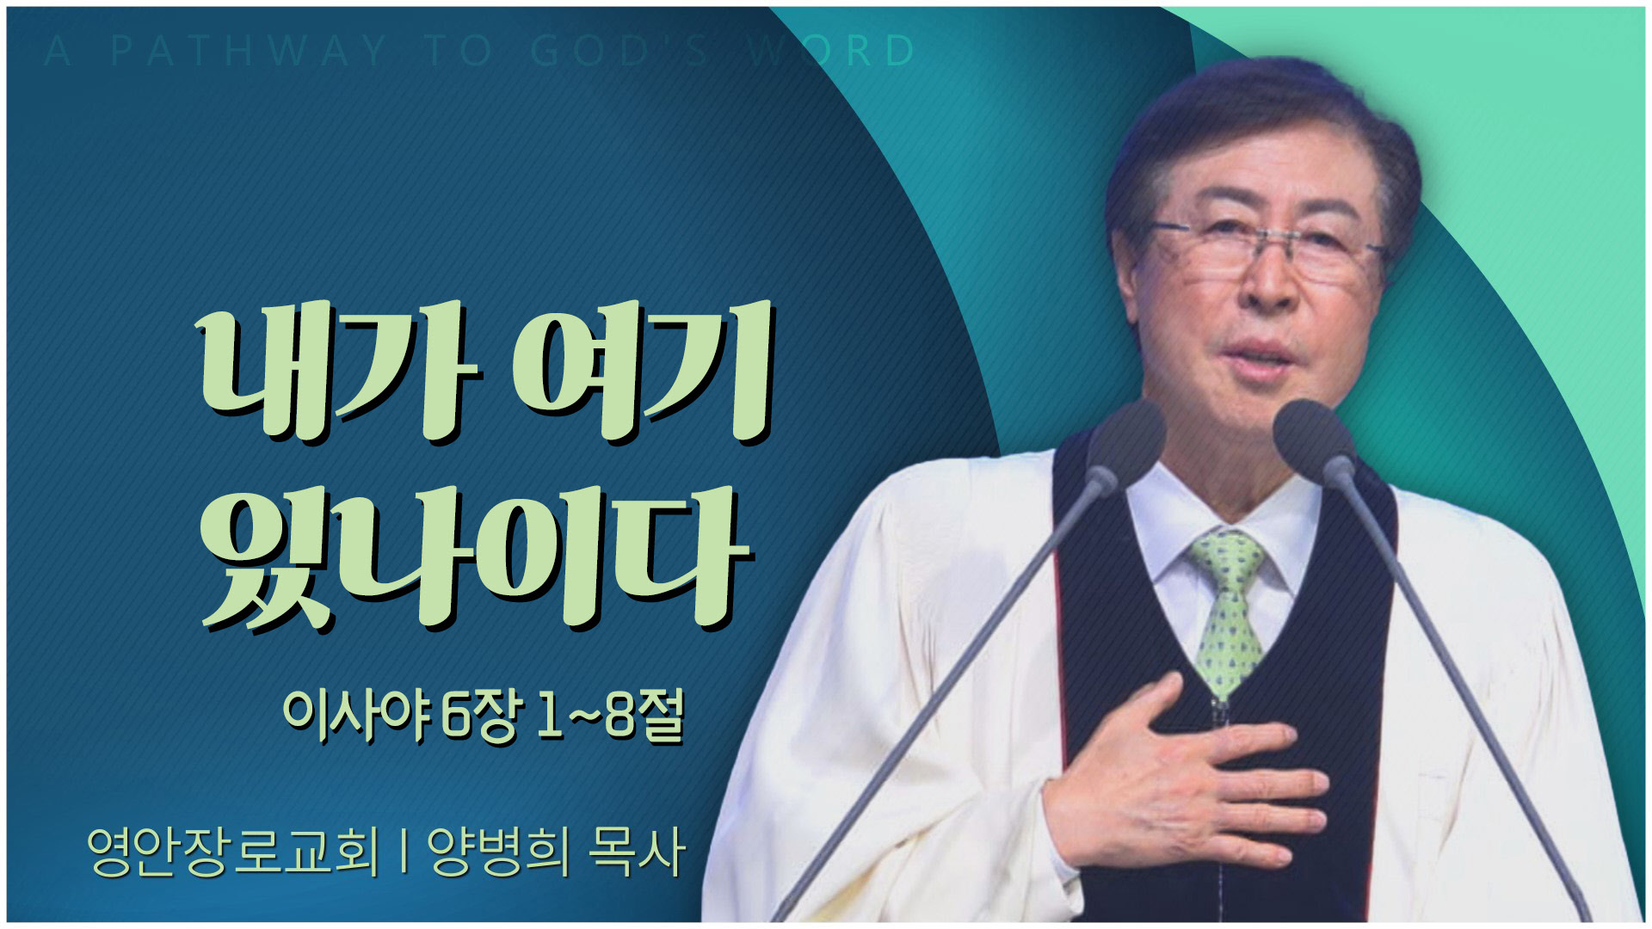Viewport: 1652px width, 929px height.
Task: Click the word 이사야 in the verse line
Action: coord(355,716)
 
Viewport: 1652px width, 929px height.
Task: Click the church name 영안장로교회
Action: coord(233,852)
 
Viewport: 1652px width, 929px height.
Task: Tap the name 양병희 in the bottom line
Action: coord(498,852)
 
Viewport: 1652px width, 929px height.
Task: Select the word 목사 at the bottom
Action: coord(637,852)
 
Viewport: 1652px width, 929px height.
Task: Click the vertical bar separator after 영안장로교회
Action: coord(404,852)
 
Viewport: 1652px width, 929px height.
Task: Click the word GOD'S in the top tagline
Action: coord(619,52)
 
